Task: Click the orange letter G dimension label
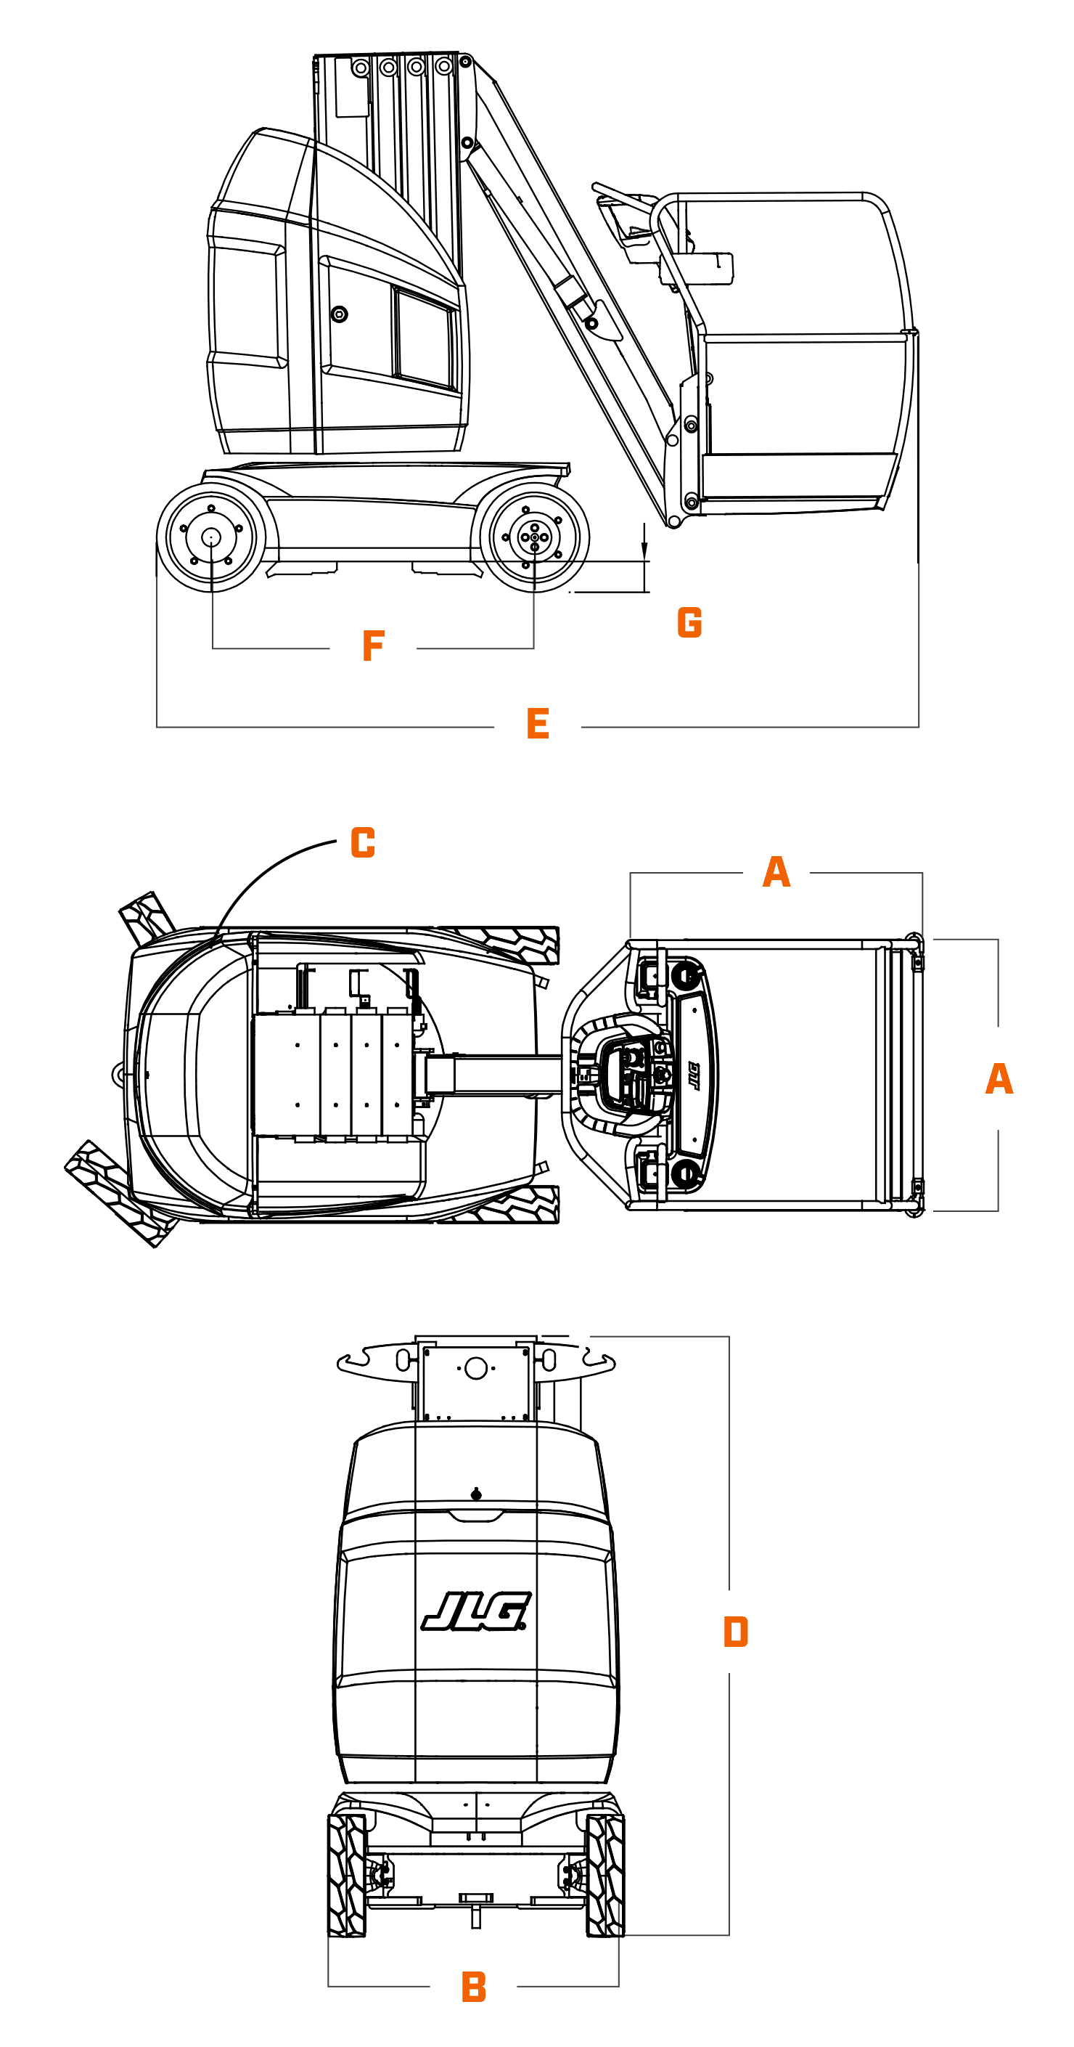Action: pyautogui.click(x=689, y=622)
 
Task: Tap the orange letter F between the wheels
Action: pyautogui.click(x=373, y=646)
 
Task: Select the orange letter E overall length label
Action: pyautogui.click(x=538, y=724)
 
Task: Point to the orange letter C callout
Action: pyautogui.click(x=363, y=842)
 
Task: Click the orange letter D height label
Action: pyautogui.click(x=736, y=1632)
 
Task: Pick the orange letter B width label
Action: pyautogui.click(x=473, y=1987)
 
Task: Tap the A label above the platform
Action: pyautogui.click(x=776, y=871)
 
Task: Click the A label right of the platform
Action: pyautogui.click(x=999, y=1079)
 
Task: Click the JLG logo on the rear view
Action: pyautogui.click(x=476, y=1611)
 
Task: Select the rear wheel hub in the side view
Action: pyautogui.click(x=210, y=537)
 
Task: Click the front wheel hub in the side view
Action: pyautogui.click(x=534, y=537)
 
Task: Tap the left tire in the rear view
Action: pyautogui.click(x=347, y=1875)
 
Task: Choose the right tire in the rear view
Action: pyautogui.click(x=605, y=1875)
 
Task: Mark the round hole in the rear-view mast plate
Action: pyautogui.click(x=476, y=1368)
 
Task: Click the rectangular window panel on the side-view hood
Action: pyautogui.click(x=425, y=338)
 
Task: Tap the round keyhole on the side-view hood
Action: pyautogui.click(x=339, y=314)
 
